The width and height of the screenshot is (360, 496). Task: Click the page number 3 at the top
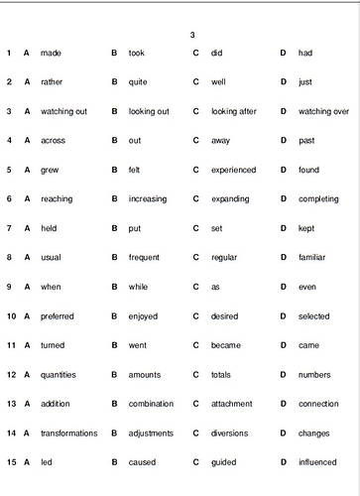tap(192, 35)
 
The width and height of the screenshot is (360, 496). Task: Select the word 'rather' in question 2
tap(51, 81)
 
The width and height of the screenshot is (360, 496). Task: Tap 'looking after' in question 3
tap(234, 111)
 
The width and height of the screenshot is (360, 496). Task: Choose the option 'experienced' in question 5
tap(233, 170)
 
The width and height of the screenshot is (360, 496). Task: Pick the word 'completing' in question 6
tap(318, 198)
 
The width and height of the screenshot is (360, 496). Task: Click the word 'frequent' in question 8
tap(144, 257)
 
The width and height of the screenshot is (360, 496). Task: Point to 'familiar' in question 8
tap(314, 257)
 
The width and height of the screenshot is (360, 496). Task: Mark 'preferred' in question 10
tap(58, 316)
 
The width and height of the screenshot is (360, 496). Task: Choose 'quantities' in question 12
tap(59, 375)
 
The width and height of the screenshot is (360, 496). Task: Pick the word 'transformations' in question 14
tap(68, 434)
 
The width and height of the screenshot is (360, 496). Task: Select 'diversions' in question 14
tap(231, 434)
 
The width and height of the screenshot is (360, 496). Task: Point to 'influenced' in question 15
tap(318, 462)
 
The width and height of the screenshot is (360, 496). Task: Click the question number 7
tap(7, 228)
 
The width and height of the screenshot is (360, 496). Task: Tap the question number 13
tap(9, 404)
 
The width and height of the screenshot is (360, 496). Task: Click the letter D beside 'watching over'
tap(283, 111)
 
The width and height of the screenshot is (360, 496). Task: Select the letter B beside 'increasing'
tap(114, 198)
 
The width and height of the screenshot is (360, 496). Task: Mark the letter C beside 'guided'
tap(196, 462)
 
